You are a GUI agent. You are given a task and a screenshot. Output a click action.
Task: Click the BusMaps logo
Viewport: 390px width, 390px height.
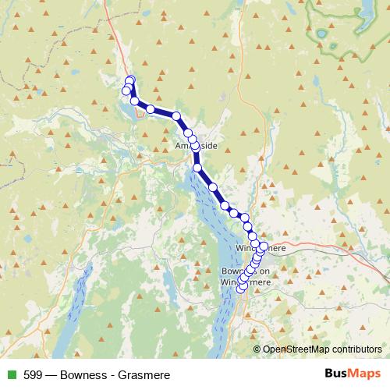[353, 374]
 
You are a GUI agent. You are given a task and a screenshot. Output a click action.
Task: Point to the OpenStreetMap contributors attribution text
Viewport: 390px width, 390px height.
[321, 349]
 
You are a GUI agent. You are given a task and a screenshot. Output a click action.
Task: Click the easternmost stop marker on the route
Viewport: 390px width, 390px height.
[263, 246]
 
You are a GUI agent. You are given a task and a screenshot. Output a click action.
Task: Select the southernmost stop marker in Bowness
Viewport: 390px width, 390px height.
[240, 289]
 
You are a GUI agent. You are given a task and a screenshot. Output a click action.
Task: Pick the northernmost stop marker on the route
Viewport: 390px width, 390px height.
[130, 80]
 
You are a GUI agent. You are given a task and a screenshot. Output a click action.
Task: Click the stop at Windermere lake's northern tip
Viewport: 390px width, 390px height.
[197, 168]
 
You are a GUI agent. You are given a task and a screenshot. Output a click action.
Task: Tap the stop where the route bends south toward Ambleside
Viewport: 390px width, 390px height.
[177, 117]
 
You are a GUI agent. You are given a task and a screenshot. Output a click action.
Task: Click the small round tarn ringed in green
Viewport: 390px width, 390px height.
[321, 34]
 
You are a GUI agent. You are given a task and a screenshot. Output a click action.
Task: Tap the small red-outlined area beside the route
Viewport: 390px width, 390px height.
[140, 112]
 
